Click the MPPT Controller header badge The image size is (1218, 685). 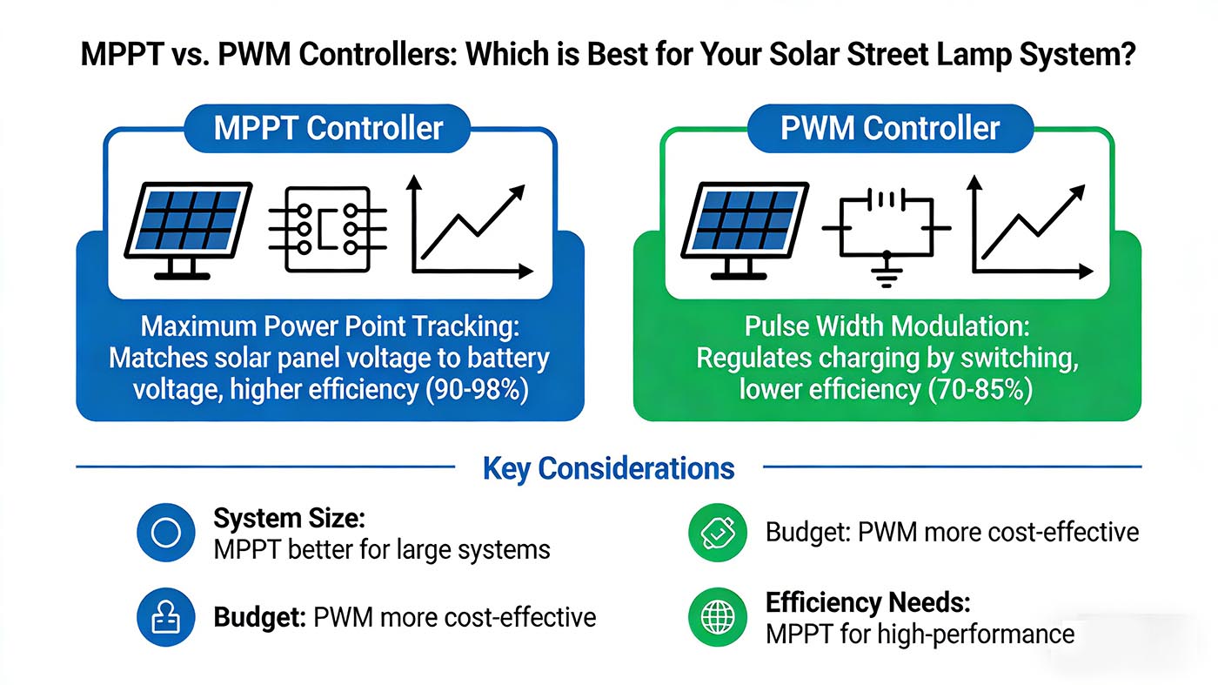point(329,129)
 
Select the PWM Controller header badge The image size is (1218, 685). point(890,129)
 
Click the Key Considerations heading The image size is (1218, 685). point(608,468)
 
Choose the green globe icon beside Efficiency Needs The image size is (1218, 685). point(718,617)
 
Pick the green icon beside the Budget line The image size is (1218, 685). point(718,532)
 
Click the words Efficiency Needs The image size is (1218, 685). point(867,602)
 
